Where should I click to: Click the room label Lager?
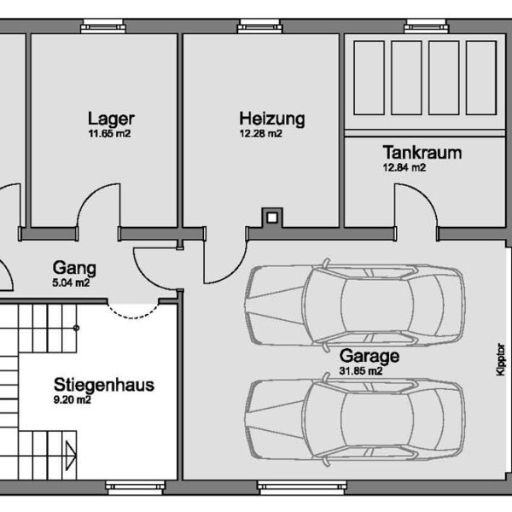(111, 119)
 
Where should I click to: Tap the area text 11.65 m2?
(109, 134)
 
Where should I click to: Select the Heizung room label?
(271, 119)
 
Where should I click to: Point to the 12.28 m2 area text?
(260, 134)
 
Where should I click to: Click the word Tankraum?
(422, 154)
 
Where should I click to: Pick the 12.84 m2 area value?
(404, 168)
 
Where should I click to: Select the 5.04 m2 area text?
(71, 282)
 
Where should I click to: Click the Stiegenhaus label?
(103, 384)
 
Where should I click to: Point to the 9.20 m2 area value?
(73, 399)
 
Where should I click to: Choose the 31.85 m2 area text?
(360, 371)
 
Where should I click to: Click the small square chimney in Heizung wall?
(271, 218)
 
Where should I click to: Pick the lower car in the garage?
(354, 418)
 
